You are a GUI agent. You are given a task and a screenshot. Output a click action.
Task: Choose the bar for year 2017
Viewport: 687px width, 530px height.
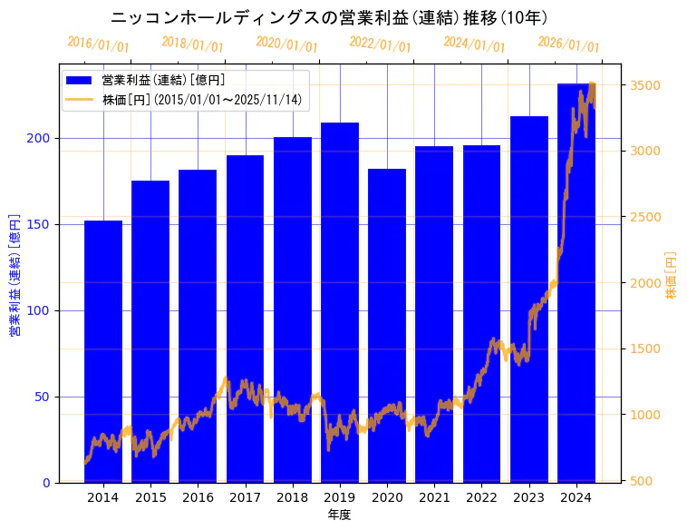(245, 319)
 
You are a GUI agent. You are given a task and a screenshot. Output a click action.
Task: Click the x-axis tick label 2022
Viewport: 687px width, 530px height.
(481, 497)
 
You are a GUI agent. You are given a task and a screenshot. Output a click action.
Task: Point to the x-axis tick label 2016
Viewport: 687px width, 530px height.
(198, 497)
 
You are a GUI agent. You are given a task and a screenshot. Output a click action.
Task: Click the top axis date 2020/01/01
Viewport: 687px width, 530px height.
(287, 44)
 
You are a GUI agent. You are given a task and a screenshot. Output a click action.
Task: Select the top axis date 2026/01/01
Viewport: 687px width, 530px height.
(568, 44)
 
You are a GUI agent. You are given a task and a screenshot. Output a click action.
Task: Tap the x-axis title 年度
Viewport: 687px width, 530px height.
(339, 515)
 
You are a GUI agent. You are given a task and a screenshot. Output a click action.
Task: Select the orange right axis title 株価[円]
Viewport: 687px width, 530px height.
(671, 276)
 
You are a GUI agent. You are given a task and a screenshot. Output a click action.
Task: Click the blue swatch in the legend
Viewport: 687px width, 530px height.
(80, 80)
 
